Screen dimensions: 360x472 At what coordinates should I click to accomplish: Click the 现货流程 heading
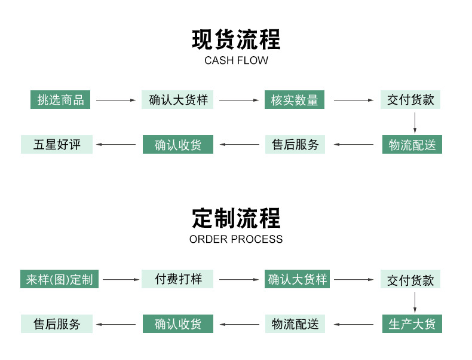pos(236,39)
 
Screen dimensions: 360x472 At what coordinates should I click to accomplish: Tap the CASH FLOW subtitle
pos(236,60)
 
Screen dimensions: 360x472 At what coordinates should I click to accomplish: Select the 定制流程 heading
pos(236,218)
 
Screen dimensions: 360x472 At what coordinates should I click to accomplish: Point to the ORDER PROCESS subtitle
pos(236,239)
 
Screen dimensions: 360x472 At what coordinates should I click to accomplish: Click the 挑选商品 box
pos(60,100)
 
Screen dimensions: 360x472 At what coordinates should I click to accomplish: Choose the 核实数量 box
pos(295,100)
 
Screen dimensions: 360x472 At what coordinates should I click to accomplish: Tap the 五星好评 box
pos(57,145)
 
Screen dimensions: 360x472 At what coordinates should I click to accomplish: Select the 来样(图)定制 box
pos(59,279)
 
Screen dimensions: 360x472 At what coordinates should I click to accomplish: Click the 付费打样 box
pos(178,279)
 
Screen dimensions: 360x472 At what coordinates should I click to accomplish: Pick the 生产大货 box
pos(412,324)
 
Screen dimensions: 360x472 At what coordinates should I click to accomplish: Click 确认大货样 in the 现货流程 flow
pos(178,100)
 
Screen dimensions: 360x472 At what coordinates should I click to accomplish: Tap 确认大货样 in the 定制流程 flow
pos(298,279)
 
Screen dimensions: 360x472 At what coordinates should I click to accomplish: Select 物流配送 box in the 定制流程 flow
pos(295,324)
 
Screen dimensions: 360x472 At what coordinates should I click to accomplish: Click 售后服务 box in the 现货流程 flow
pos(295,145)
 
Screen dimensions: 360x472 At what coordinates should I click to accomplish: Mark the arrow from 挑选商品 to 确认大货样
pos(116,100)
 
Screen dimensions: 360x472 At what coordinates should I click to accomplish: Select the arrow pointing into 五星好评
pos(117,145)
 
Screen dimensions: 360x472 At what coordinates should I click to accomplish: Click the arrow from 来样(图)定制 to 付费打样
pos(121,279)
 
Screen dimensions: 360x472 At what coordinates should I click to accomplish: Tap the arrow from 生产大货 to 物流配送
pos(353,324)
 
